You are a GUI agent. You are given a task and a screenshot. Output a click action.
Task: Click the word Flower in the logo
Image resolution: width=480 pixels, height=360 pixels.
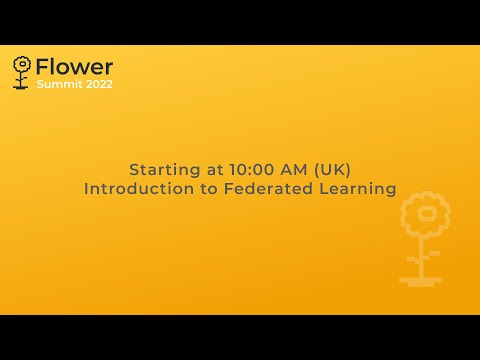click(x=74, y=67)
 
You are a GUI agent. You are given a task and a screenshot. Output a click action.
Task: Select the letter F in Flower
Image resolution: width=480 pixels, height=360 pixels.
click(x=41, y=67)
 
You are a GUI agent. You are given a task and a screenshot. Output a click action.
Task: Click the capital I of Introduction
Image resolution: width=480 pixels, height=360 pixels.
click(x=87, y=188)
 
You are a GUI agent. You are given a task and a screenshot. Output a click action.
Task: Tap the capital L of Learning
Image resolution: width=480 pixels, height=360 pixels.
click(x=323, y=188)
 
